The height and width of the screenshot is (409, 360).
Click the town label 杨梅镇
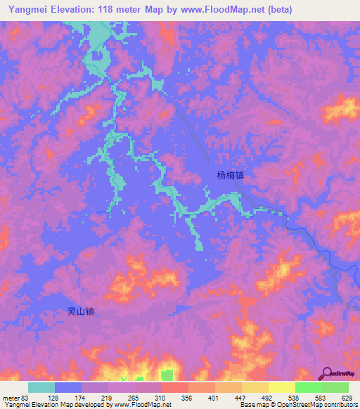[x=224, y=177]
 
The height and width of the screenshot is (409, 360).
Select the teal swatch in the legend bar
[x=41, y=387]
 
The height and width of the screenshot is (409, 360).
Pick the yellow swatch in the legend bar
[x=281, y=387]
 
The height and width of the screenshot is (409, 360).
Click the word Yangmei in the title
[x=25, y=10]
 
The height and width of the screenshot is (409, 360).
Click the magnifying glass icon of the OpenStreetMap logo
[x=327, y=373]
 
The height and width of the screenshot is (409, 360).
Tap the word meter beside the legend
[x=11, y=398]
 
